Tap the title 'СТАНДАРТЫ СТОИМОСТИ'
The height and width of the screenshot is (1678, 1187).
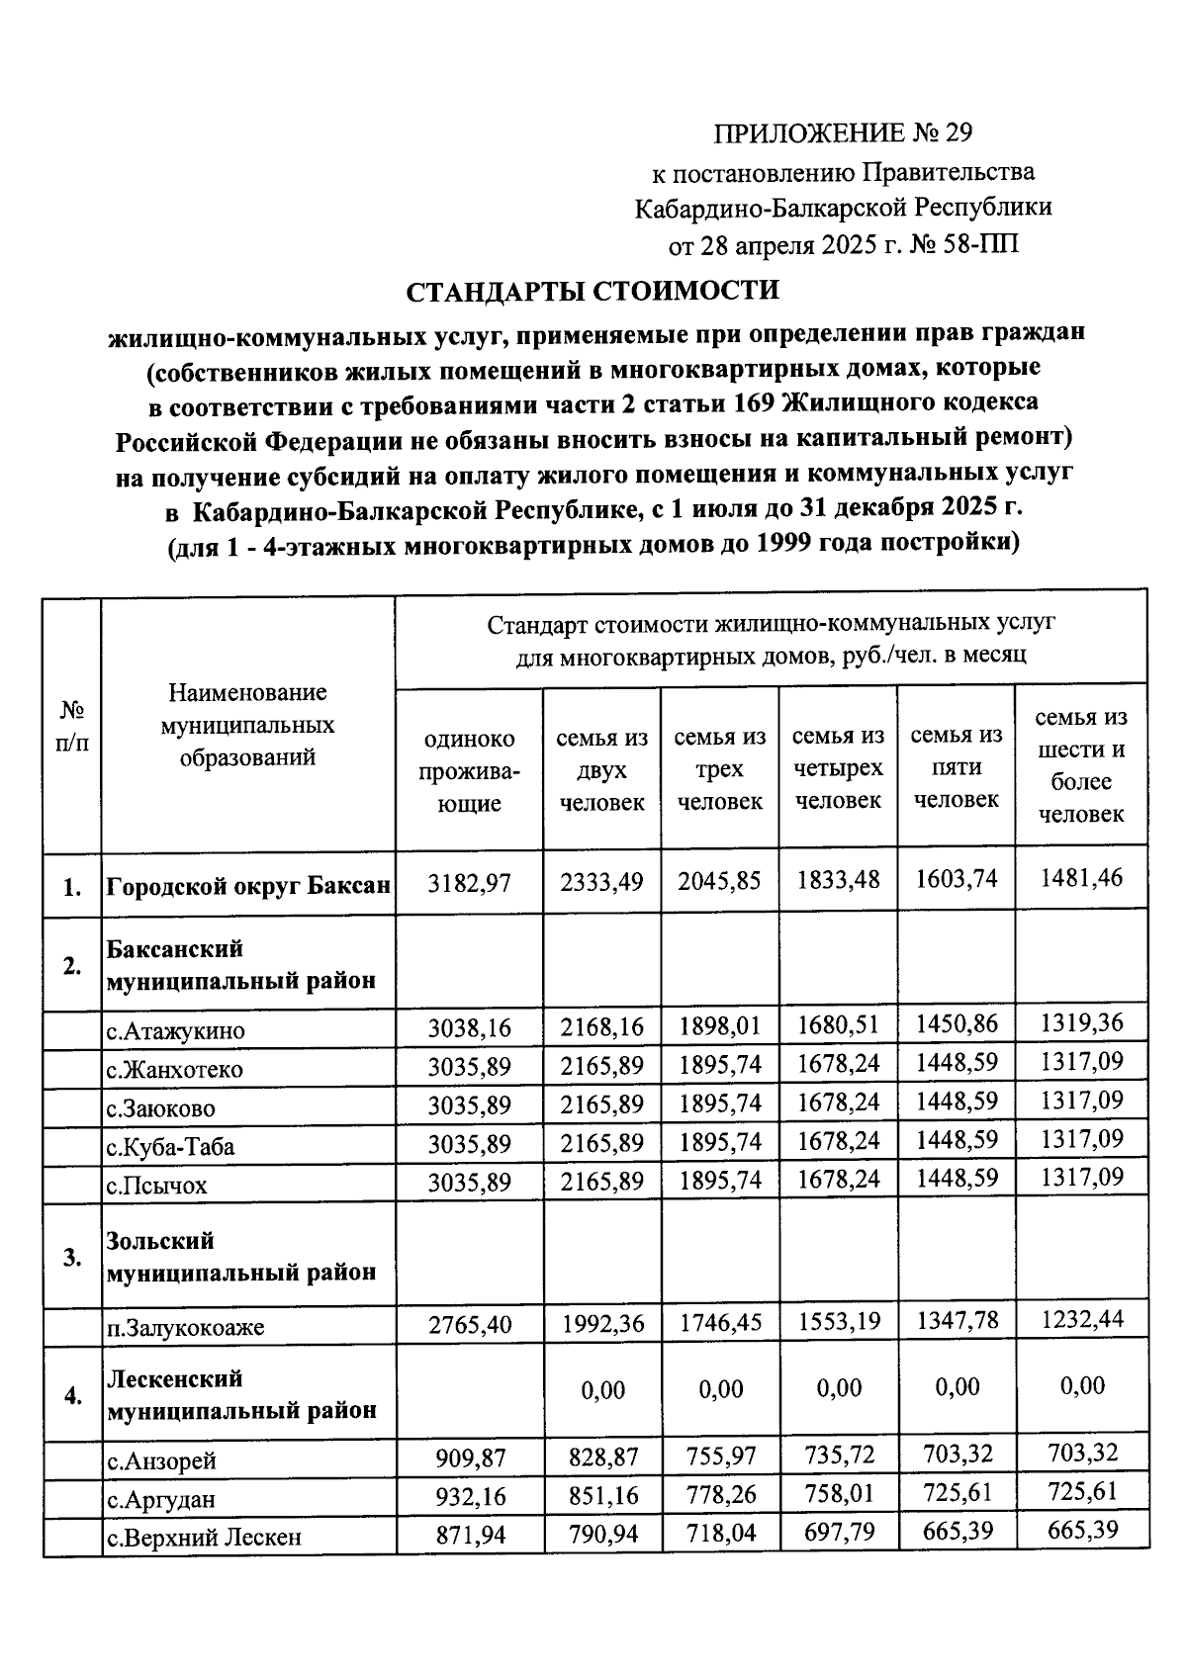[x=593, y=292]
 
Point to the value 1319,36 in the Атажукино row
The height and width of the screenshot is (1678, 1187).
[x=1081, y=1022]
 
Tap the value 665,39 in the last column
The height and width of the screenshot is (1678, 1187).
[x=1081, y=1531]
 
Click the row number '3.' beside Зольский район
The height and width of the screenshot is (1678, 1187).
[x=71, y=1258]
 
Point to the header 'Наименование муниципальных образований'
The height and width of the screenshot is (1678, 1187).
[x=247, y=725]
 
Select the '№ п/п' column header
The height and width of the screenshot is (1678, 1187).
[x=71, y=727]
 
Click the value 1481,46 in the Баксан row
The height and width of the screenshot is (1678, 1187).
[x=1081, y=878]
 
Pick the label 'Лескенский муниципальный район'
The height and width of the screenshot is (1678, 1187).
[x=241, y=1394]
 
